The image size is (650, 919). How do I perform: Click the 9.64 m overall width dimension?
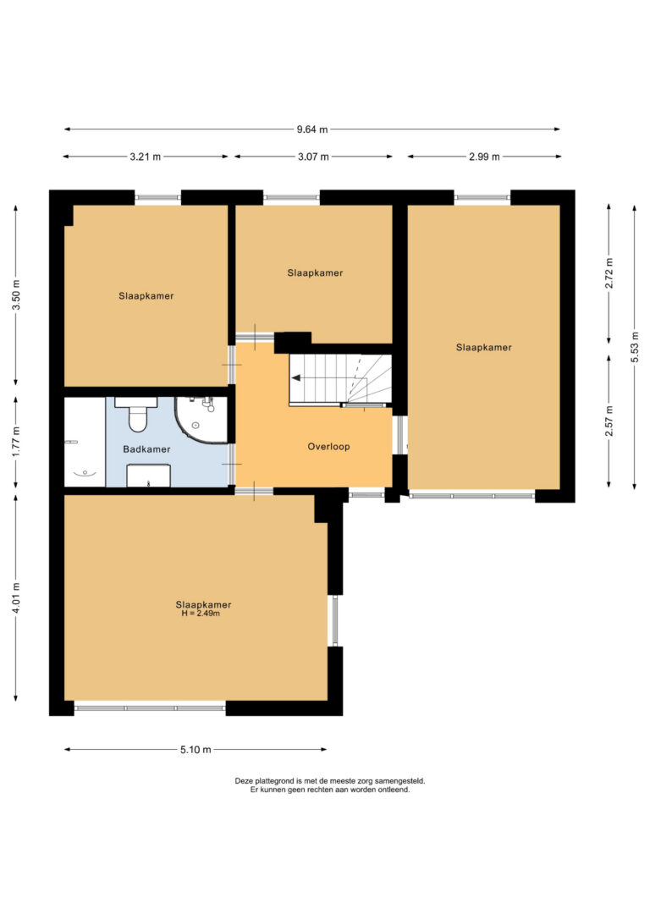pyautogui.click(x=311, y=129)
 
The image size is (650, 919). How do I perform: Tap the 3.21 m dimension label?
pyautogui.click(x=146, y=157)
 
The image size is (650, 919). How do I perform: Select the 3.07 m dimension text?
pyautogui.click(x=313, y=157)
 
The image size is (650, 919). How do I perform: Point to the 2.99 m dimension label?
pyautogui.click(x=484, y=157)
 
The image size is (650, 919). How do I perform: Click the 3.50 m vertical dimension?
pyautogui.click(x=16, y=296)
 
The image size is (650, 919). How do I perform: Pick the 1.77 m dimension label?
pyautogui.click(x=16, y=443)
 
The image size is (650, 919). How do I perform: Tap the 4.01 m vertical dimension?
pyautogui.click(x=16, y=597)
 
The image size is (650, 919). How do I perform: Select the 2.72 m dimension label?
pyautogui.click(x=609, y=273)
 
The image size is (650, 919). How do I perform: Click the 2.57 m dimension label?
pyautogui.click(x=609, y=421)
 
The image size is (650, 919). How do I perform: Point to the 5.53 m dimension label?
pyautogui.click(x=635, y=347)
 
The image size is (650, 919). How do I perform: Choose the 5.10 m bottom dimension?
pyautogui.click(x=196, y=750)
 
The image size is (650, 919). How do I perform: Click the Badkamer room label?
pyautogui.click(x=146, y=449)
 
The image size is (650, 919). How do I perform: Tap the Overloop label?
pyautogui.click(x=329, y=447)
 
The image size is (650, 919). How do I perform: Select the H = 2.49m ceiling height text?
pyautogui.click(x=201, y=614)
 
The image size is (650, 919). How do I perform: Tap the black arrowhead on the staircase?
pyautogui.click(x=296, y=378)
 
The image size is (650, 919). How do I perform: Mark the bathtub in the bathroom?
pyautogui.click(x=85, y=442)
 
